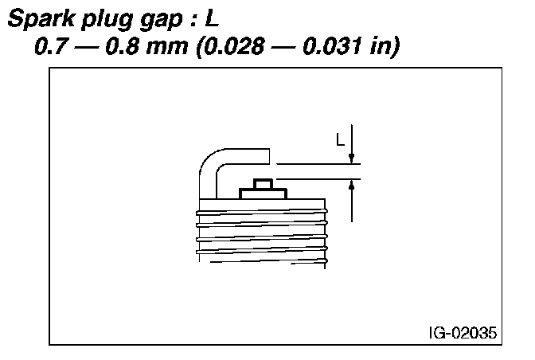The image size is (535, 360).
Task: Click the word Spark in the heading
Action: pos(41,18)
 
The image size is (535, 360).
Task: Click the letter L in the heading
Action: pos(212,18)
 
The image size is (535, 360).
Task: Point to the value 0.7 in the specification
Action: pos(50,45)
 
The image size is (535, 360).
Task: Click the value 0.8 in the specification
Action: pos(122,45)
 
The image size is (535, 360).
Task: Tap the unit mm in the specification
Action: pos(167,48)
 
